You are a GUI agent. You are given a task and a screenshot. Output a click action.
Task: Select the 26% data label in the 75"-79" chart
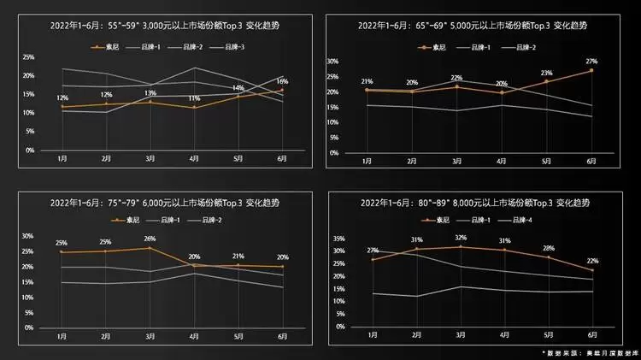pyautogui.click(x=150, y=239)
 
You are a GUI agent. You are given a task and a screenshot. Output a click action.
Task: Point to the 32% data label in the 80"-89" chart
pyautogui.click(x=462, y=238)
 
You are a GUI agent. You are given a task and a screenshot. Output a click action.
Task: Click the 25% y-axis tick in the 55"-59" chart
pyautogui.click(x=28, y=57)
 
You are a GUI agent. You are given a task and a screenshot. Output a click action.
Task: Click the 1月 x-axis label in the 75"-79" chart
pyautogui.click(x=62, y=338)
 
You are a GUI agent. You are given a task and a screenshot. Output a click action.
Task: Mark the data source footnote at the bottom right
pyautogui.click(x=585, y=351)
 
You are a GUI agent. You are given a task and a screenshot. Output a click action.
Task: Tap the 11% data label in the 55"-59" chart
pyautogui.click(x=194, y=99)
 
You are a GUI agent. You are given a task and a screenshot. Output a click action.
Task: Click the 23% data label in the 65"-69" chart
pyautogui.click(x=546, y=73)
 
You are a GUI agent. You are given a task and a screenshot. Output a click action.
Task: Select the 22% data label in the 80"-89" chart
pyautogui.click(x=591, y=261)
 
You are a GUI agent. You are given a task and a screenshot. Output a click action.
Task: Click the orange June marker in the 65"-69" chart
pyautogui.click(x=591, y=70)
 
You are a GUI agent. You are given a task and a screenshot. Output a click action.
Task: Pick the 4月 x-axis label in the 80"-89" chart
pyautogui.click(x=505, y=338)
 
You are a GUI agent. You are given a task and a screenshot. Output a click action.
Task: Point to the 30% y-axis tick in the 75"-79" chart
pyautogui.click(x=28, y=236)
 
